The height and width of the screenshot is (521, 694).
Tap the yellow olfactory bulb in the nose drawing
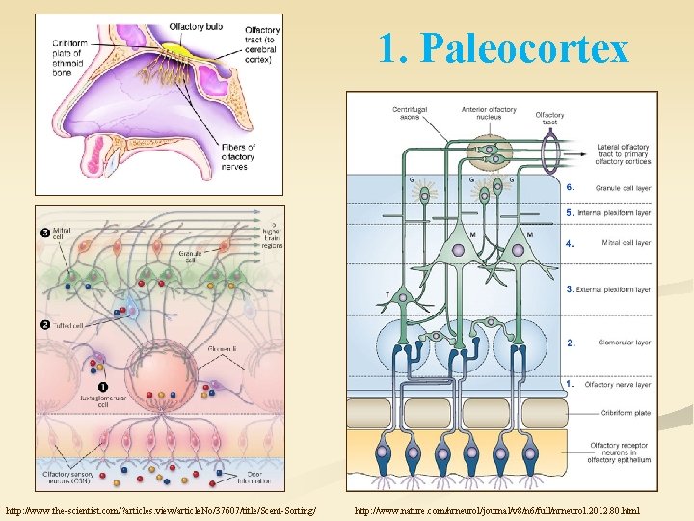[176, 51]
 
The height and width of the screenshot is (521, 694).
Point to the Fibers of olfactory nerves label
[237, 155]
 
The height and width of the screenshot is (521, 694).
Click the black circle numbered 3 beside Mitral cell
[45, 233]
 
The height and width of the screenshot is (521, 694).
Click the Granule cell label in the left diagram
[189, 256]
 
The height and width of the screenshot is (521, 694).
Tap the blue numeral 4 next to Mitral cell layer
[571, 243]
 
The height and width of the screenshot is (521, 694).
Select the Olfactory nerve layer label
[618, 384]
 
